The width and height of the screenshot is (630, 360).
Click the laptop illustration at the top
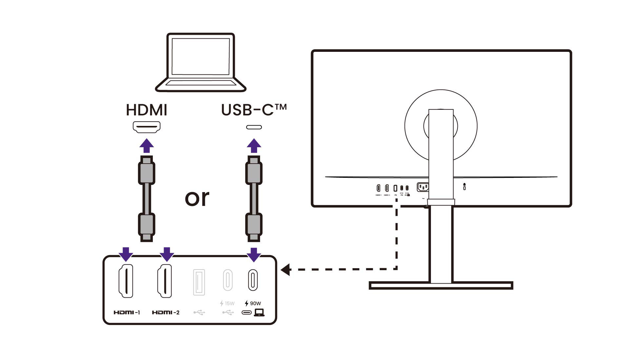click(200, 62)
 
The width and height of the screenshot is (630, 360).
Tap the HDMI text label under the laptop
click(147, 110)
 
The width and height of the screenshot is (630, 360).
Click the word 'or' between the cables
click(197, 198)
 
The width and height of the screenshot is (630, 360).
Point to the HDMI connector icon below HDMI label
click(147, 127)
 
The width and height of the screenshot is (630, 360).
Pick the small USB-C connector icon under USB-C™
click(254, 127)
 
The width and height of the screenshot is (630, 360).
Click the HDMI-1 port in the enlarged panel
click(126, 281)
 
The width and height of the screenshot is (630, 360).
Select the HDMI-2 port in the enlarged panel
click(165, 281)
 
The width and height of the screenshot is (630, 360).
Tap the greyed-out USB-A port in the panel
click(199, 282)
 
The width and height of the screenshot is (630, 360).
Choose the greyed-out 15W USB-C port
click(228, 280)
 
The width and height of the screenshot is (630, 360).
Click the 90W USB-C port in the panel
click(253, 280)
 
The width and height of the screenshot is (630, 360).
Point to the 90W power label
click(253, 303)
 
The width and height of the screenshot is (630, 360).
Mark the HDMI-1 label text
click(127, 312)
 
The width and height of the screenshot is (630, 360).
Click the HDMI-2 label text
click(166, 312)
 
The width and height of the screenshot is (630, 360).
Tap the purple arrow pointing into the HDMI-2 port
click(167, 254)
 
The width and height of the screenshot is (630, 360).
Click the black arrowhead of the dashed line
click(286, 270)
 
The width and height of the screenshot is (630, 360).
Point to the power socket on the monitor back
click(423, 187)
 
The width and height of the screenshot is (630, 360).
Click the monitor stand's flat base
click(441, 286)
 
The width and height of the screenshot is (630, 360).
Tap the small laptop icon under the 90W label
click(259, 312)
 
